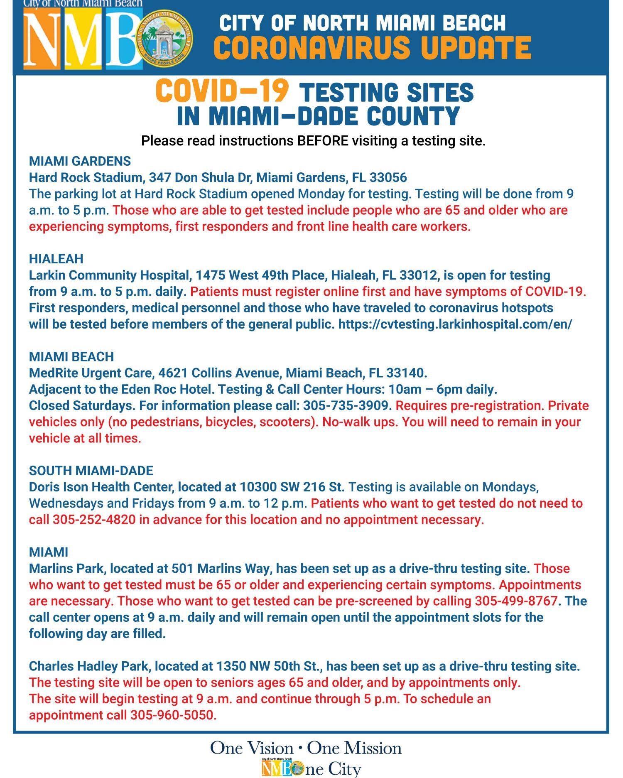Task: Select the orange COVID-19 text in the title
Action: click(x=222, y=91)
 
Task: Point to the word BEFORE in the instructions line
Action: click(x=323, y=141)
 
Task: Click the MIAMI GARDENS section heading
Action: click(x=80, y=161)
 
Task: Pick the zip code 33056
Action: click(x=388, y=178)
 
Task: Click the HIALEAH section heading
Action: click(x=56, y=259)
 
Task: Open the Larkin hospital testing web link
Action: click(x=455, y=324)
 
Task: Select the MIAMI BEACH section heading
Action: click(x=71, y=356)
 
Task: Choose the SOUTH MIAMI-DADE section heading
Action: click(x=91, y=471)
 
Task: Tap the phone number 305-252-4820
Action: click(x=94, y=520)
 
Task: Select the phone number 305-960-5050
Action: click(x=173, y=715)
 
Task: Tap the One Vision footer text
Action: click(x=251, y=748)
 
